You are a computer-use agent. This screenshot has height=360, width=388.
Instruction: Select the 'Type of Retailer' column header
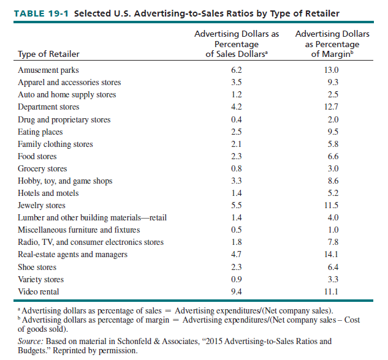(48, 54)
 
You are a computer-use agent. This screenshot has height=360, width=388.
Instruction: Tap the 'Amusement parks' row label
(48, 70)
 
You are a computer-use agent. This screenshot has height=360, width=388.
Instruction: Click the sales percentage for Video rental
(236, 291)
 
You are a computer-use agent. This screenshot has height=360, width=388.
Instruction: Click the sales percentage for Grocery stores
(236, 168)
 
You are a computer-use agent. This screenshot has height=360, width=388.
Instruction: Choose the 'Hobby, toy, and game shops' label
(65, 181)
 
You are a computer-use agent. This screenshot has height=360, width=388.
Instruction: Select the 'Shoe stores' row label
(37, 267)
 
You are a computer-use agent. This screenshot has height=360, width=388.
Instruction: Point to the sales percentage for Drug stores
(236, 119)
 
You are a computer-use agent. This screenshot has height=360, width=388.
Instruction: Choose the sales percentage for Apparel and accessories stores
(236, 83)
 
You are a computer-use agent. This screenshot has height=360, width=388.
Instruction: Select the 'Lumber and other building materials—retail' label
(92, 217)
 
